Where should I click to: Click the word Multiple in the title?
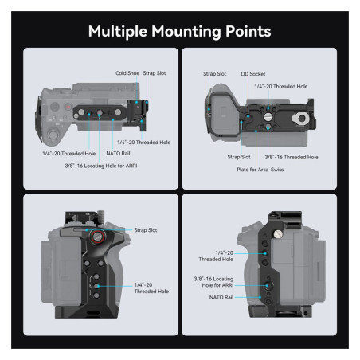(x=117, y=31)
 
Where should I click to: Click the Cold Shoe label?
(x=127, y=72)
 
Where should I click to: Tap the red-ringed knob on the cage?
(x=97, y=237)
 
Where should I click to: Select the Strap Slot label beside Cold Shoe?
(x=155, y=72)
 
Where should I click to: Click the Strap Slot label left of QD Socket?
(x=215, y=73)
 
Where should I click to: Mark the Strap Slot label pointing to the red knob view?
(x=147, y=229)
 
